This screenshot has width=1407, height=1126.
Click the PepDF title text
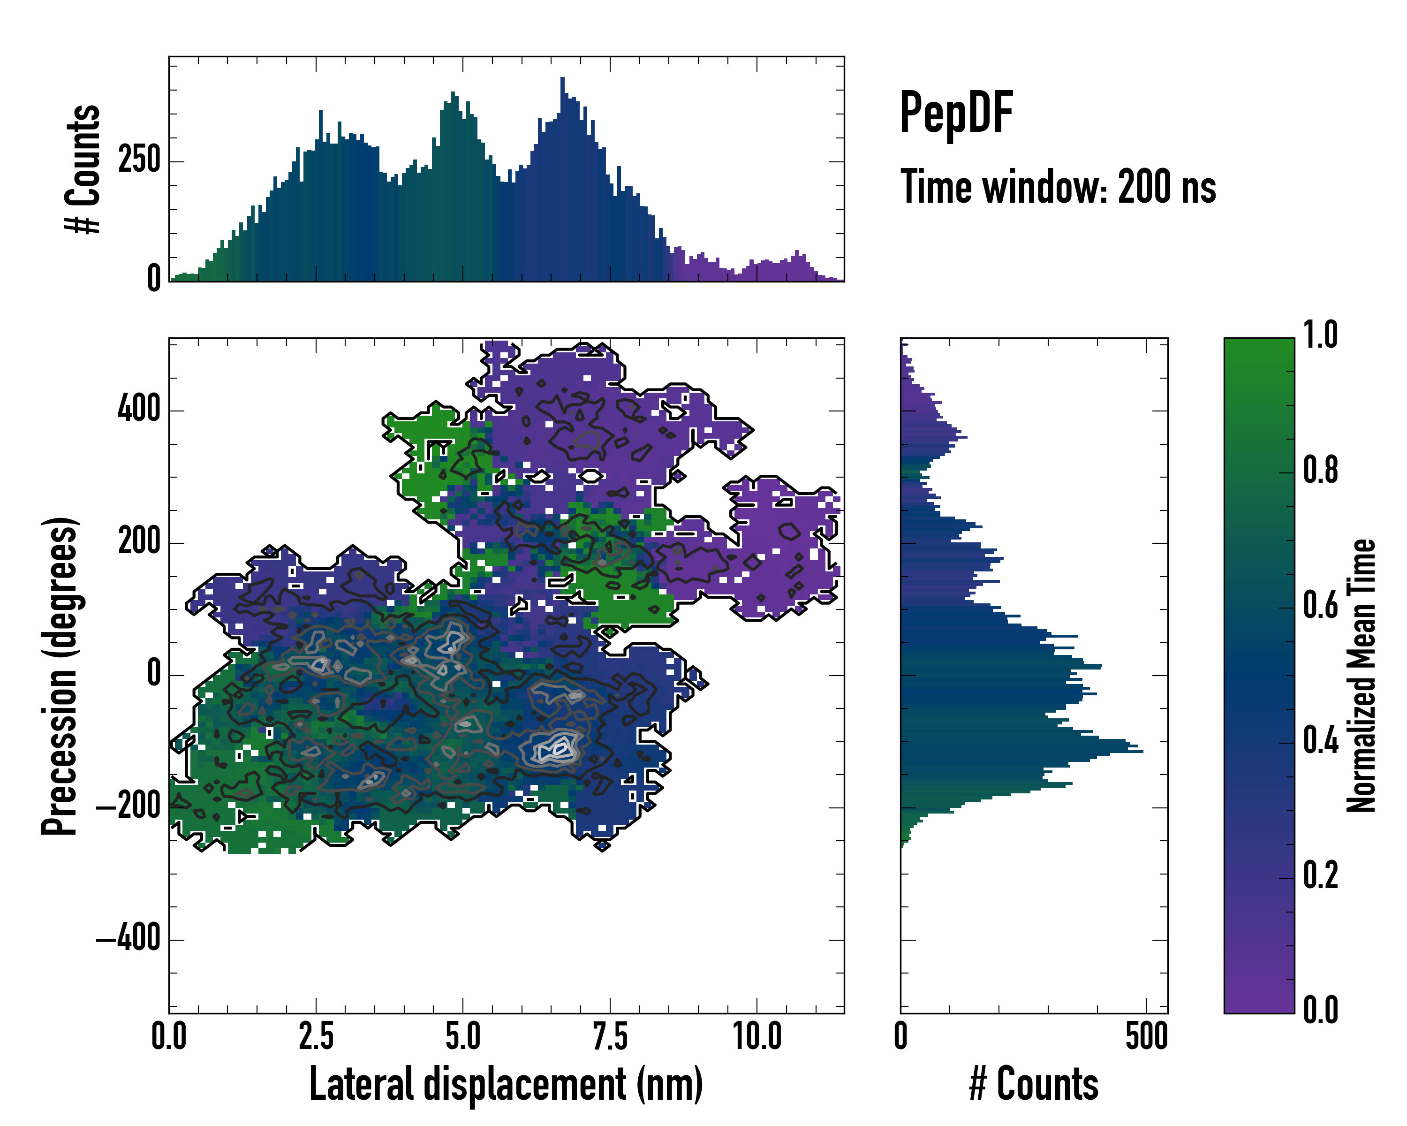click(x=956, y=113)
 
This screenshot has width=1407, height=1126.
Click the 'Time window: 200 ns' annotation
click(x=1058, y=187)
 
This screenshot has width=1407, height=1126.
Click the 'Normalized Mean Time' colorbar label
click(x=1362, y=676)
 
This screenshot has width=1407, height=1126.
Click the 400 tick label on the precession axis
click(x=139, y=410)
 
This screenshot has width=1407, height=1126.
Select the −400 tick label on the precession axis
click(x=129, y=939)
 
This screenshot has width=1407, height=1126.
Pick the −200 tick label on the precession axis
click(x=129, y=807)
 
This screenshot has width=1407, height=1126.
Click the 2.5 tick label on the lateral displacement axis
click(x=316, y=1036)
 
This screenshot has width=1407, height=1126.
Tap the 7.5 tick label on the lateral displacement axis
click(x=610, y=1036)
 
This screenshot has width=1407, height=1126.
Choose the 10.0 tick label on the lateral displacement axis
click(x=757, y=1036)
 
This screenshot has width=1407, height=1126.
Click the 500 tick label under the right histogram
click(x=1146, y=1036)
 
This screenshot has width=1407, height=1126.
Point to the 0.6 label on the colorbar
click(x=1320, y=606)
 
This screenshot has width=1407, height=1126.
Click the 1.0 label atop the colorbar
click(x=1320, y=335)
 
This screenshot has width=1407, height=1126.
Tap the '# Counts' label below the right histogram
click(x=1034, y=1084)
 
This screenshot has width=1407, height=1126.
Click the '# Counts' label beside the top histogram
click(x=83, y=169)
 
